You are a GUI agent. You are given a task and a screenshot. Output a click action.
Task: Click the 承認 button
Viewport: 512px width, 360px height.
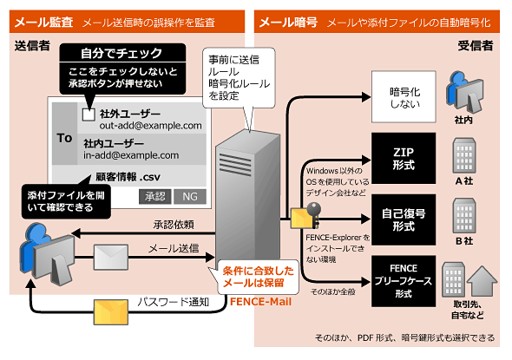(x=154, y=197)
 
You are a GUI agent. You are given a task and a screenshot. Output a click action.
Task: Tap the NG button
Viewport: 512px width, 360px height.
(x=190, y=197)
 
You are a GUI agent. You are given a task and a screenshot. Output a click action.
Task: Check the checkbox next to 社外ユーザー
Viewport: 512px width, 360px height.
(x=89, y=115)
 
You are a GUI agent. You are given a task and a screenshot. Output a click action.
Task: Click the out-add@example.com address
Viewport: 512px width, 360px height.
(x=150, y=126)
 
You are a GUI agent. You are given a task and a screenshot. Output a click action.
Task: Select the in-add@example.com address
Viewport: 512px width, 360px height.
(x=131, y=155)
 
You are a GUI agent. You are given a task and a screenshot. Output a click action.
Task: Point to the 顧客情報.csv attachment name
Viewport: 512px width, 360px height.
(x=128, y=177)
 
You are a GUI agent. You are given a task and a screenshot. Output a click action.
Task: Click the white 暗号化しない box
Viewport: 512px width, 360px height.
(x=404, y=97)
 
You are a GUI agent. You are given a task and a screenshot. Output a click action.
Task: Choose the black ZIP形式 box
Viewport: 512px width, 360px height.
(x=404, y=158)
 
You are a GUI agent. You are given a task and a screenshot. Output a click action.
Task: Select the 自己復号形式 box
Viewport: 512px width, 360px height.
(x=404, y=219)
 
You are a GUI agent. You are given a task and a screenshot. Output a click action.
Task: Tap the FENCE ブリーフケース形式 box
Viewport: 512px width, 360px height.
(x=404, y=281)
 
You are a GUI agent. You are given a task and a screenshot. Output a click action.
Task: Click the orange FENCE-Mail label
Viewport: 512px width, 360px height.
(x=260, y=302)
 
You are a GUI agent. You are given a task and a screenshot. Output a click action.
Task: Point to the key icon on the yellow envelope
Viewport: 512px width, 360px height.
(x=314, y=213)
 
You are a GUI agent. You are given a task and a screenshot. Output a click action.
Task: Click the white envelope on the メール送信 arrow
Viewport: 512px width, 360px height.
(x=111, y=258)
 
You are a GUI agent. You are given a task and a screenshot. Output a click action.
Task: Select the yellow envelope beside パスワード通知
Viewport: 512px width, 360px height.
(x=111, y=311)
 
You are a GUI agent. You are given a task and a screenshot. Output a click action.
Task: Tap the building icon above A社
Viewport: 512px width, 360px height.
(x=464, y=155)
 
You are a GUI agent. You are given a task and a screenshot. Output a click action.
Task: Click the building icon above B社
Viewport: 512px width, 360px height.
(x=464, y=215)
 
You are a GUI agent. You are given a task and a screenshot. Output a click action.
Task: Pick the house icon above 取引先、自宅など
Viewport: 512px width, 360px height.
(x=482, y=281)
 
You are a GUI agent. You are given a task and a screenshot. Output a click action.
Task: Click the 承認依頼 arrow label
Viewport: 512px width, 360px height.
(x=174, y=225)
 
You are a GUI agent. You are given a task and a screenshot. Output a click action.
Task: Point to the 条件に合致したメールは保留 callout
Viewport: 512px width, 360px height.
(x=258, y=277)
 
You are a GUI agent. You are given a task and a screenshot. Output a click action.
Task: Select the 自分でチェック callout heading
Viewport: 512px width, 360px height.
(x=121, y=53)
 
